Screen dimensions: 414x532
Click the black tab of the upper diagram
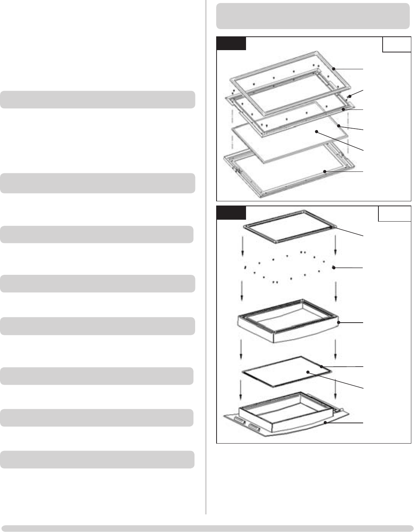click(x=231, y=44)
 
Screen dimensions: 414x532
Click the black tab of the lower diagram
click(x=231, y=213)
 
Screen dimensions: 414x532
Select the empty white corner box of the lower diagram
click(x=394, y=214)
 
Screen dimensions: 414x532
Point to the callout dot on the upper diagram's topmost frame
click(x=334, y=69)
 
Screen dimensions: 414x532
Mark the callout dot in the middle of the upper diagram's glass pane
click(x=317, y=132)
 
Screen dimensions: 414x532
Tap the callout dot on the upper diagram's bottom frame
click(x=324, y=171)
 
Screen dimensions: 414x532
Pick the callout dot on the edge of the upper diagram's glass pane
click(x=339, y=126)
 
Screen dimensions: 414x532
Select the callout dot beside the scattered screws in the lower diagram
click(x=334, y=268)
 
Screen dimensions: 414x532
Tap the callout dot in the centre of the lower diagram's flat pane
click(x=308, y=372)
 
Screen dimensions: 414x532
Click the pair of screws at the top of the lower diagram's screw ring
click(x=303, y=253)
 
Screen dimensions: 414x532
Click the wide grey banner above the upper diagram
click(x=313, y=16)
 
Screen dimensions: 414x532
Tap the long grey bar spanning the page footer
click(x=207, y=529)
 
